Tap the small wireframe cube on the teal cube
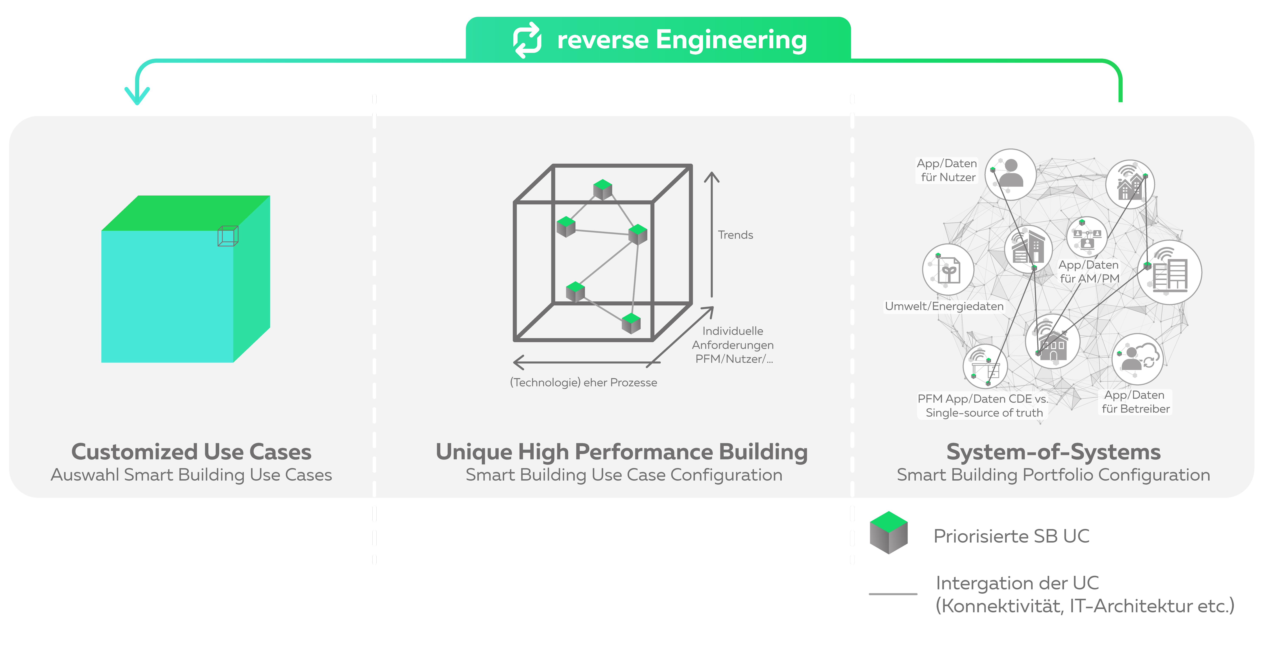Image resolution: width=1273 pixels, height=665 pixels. pos(228,236)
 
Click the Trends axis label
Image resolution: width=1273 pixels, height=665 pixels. pos(735,235)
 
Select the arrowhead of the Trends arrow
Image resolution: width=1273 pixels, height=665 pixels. pos(712,177)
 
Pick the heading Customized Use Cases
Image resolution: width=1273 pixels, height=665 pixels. pos(191,451)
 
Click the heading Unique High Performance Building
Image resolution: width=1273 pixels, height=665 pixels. pos(622,451)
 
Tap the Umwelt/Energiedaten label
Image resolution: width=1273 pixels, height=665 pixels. pos(944,306)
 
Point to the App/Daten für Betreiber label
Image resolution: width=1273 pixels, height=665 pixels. pos(1135,401)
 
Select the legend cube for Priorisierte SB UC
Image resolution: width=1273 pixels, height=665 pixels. pos(889,533)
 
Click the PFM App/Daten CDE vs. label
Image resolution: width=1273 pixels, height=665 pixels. pos(982,398)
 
